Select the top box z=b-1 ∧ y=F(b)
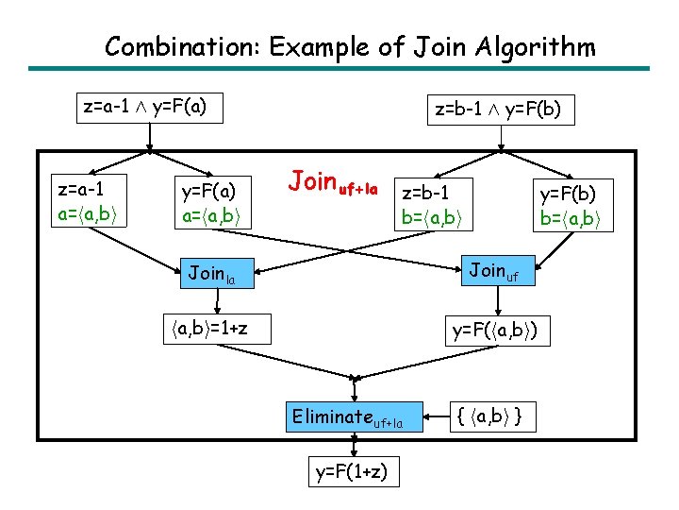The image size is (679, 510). click(x=498, y=110)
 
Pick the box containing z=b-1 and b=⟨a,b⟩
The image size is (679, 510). click(x=435, y=206)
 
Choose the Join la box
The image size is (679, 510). click(x=217, y=275)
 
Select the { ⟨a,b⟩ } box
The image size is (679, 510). click(x=491, y=416)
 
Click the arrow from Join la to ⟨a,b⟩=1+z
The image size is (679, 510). click(x=217, y=301)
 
